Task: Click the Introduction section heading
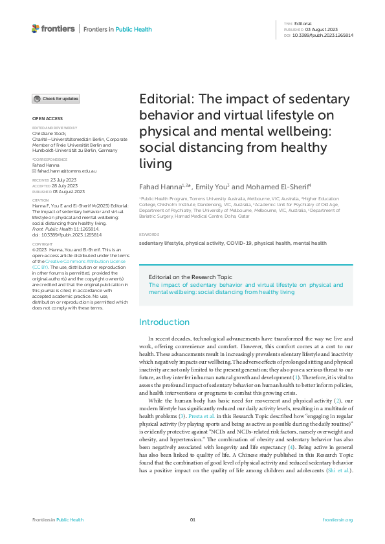coord(164,322)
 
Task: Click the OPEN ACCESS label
coord(47,119)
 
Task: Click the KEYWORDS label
coord(149,234)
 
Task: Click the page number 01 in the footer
coord(192,520)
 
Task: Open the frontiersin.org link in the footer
coord(337,520)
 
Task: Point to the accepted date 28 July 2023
coord(63,186)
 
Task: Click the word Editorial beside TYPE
coord(303,23)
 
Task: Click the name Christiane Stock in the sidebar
coord(50,132)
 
